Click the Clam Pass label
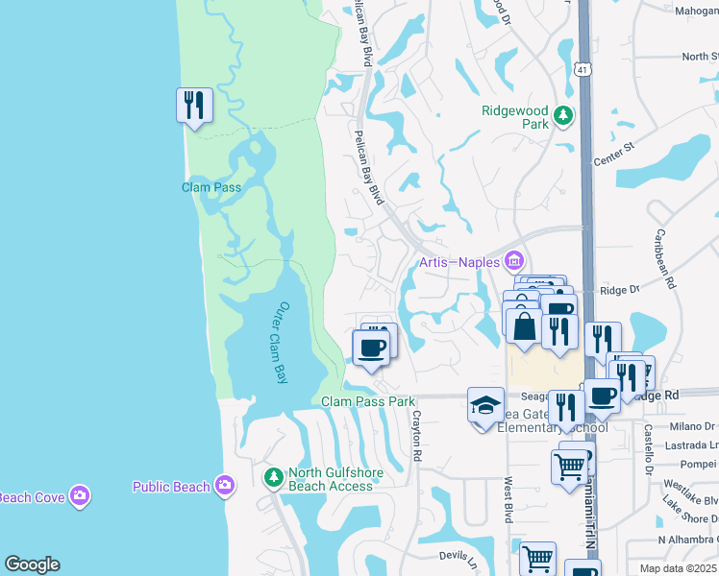coord(211,187)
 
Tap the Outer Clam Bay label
coord(275,343)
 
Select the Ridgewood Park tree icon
coord(563,118)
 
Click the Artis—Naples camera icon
coord(514,261)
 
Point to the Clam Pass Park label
coord(368,401)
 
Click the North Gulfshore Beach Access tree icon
coord(274,475)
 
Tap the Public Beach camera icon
coord(226,485)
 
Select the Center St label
coord(615,153)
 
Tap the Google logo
coord(32,564)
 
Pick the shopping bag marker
coord(524,326)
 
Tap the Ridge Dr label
coord(619,290)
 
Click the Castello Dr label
coord(649,451)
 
